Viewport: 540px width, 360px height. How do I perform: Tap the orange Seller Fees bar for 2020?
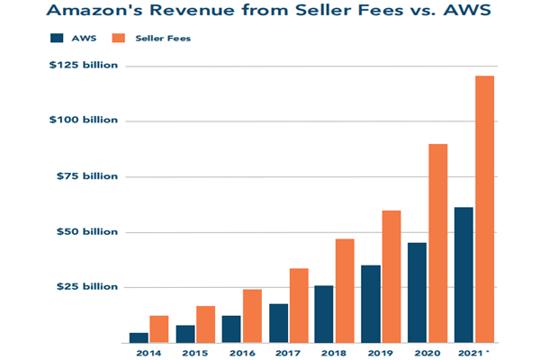point(437,243)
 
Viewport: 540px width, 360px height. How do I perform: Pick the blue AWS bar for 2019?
point(371,303)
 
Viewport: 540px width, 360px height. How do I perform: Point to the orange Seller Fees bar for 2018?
point(345,290)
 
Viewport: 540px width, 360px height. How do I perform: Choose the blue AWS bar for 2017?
point(278,323)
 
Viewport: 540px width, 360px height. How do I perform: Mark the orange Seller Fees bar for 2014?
point(159,329)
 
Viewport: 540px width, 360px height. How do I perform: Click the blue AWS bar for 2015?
point(185,334)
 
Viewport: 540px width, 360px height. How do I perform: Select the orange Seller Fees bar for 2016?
point(252,316)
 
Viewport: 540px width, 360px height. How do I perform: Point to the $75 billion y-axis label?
point(91,176)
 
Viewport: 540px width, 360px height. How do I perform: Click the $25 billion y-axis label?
point(91,287)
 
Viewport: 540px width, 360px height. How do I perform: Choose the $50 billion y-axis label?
point(91,232)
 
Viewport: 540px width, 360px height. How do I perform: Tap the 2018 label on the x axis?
point(334,353)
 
